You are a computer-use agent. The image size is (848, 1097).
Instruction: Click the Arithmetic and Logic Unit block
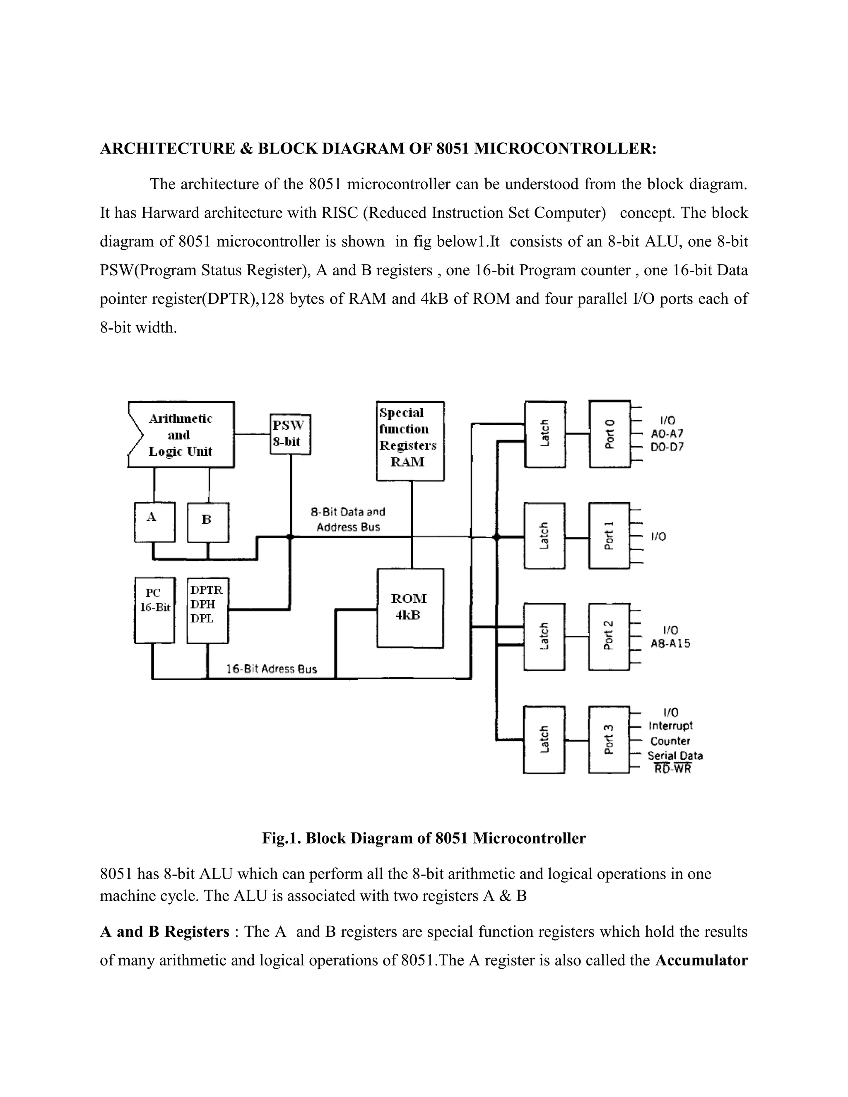tap(181, 435)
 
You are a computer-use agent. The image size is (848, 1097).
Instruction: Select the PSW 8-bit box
tap(290, 434)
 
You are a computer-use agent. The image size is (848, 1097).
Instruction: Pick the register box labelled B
tap(207, 522)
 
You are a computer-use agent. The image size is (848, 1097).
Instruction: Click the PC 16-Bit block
tap(155, 610)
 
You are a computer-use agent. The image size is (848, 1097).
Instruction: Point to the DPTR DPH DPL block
tap(207, 610)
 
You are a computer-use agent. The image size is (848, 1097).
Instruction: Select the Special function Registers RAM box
tap(410, 440)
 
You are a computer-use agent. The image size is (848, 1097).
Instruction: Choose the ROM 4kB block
tap(410, 608)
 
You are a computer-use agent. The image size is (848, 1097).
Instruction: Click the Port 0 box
tap(609, 434)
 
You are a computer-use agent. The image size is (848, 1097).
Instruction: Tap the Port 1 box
tap(609, 535)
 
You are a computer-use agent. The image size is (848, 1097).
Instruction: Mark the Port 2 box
tap(609, 636)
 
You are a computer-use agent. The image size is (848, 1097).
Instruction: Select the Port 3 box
tap(609, 739)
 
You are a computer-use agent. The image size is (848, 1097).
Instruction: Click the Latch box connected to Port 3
tap(544, 739)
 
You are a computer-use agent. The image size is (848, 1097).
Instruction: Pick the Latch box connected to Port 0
tap(545, 434)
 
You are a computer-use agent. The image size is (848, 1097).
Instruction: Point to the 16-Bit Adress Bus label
tap(271, 669)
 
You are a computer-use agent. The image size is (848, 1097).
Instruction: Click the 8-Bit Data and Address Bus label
tap(348, 520)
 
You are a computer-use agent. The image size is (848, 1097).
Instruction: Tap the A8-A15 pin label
tap(670, 643)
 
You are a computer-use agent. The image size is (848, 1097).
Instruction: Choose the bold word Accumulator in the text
tap(701, 960)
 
